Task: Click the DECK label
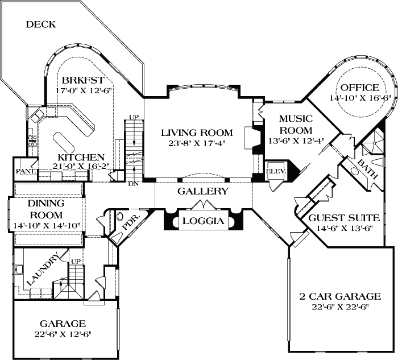click(x=41, y=24)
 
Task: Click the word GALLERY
click(x=202, y=192)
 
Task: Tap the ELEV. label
click(x=276, y=170)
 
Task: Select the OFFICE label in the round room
click(x=359, y=88)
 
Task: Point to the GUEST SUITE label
click(x=339, y=219)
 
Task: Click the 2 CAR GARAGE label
click(x=340, y=296)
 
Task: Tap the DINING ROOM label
click(x=47, y=209)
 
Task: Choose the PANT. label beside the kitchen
click(x=26, y=171)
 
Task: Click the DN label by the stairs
click(x=132, y=183)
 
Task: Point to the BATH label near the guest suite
click(x=367, y=170)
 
